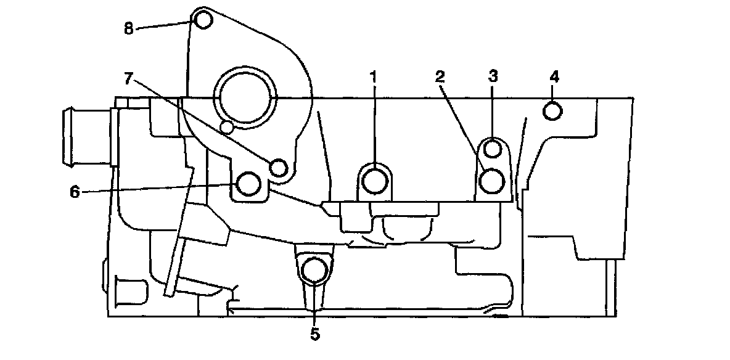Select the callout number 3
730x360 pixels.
[x=493, y=76]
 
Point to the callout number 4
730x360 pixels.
[x=554, y=77]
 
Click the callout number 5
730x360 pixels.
[x=315, y=334]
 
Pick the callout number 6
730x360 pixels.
[x=75, y=192]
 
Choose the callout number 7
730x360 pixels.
[x=129, y=78]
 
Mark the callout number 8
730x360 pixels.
[x=129, y=29]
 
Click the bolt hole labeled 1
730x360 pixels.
[x=374, y=181]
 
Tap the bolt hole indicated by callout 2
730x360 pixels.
[x=493, y=181]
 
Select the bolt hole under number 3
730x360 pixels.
[x=493, y=149]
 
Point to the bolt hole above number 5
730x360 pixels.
[x=316, y=270]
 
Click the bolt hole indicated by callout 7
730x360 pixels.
[x=279, y=167]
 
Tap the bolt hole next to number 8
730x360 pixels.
[x=203, y=20]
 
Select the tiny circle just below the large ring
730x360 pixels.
[x=228, y=128]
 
